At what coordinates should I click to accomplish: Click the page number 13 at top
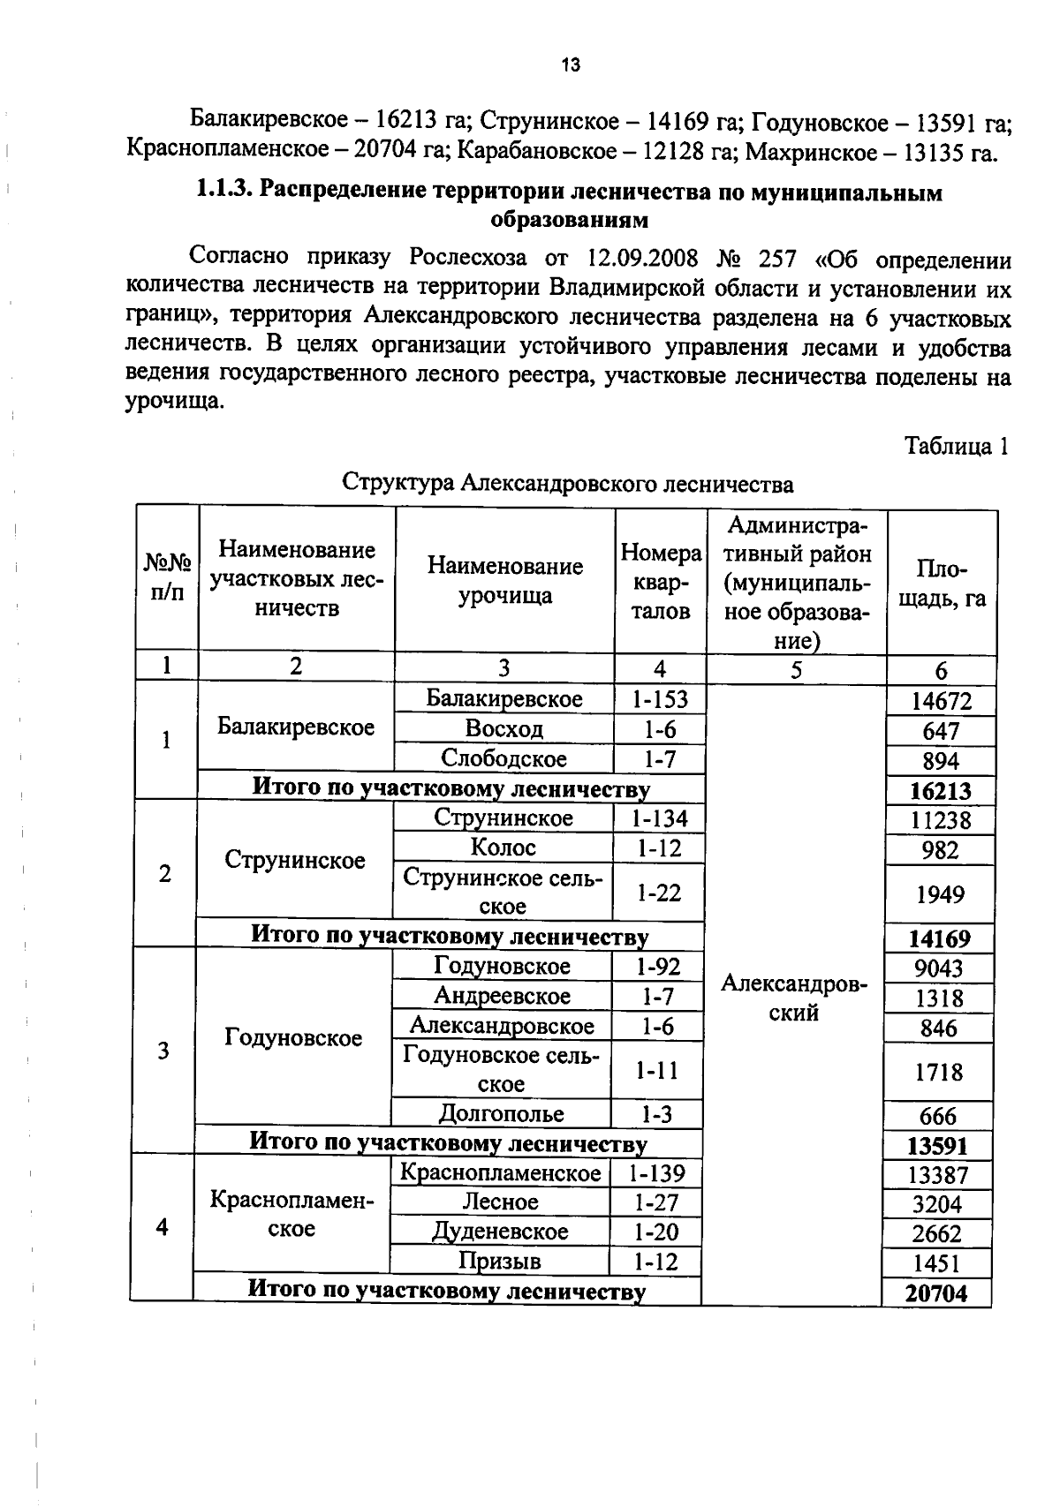(x=570, y=64)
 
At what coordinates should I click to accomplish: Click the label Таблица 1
(x=956, y=446)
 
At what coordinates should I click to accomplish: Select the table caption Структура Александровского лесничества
(x=567, y=484)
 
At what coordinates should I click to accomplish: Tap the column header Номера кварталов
(x=661, y=582)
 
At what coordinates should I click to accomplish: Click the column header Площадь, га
(x=941, y=584)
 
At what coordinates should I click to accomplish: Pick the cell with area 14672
(x=941, y=702)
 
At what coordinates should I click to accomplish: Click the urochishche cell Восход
(x=503, y=729)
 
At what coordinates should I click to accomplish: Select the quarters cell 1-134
(x=658, y=818)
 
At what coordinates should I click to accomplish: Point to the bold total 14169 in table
(x=940, y=938)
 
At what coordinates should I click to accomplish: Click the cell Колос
(x=503, y=848)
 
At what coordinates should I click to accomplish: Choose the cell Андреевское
(x=502, y=997)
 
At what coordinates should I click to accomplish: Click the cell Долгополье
(x=501, y=1114)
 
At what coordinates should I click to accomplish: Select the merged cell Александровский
(x=794, y=998)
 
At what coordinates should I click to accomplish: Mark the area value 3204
(x=937, y=1204)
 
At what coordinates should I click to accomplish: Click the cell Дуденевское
(x=500, y=1232)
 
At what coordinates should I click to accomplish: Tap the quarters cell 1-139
(x=656, y=1174)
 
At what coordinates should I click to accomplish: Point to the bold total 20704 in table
(x=936, y=1293)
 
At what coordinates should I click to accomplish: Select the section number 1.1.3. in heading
(x=225, y=192)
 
